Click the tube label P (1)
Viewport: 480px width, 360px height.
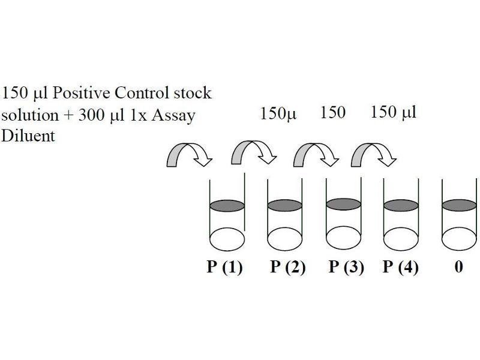pyautogui.click(x=225, y=267)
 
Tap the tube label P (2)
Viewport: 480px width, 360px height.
pyautogui.click(x=288, y=267)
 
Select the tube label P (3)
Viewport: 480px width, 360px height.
pyautogui.click(x=346, y=267)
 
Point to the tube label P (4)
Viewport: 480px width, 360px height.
pyautogui.click(x=401, y=267)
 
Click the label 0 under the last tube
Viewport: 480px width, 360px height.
pyautogui.click(x=458, y=267)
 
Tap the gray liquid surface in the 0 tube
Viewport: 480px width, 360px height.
pyautogui.click(x=459, y=205)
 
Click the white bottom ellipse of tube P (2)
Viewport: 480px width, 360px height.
pyautogui.click(x=284, y=238)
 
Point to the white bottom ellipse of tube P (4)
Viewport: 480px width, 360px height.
pyautogui.click(x=401, y=238)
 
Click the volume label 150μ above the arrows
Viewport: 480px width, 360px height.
pyautogui.click(x=278, y=113)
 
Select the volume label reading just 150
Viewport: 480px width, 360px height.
pyautogui.click(x=333, y=112)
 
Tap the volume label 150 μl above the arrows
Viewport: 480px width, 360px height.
pyautogui.click(x=394, y=112)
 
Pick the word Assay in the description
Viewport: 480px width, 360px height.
pyautogui.click(x=175, y=115)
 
